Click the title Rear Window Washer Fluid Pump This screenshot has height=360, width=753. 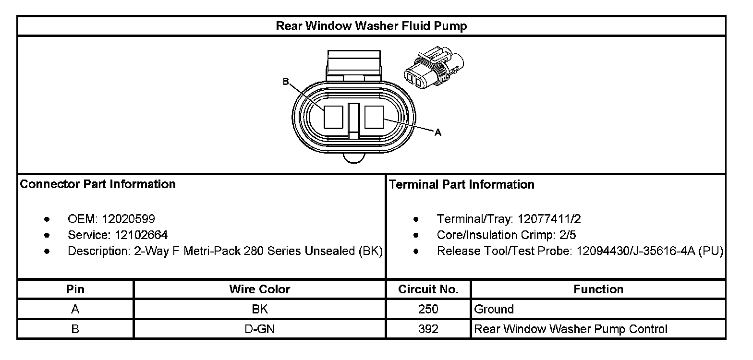(371, 26)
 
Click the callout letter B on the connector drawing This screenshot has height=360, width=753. (285, 82)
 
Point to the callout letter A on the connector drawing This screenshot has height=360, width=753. (437, 133)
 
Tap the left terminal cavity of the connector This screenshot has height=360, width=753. (333, 117)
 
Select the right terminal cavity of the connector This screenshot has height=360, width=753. (374, 117)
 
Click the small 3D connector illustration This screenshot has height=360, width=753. (433, 69)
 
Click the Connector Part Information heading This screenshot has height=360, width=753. (97, 184)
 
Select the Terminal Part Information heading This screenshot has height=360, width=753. (462, 184)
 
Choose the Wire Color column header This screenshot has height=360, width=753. (259, 289)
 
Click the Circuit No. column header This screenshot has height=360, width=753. (428, 289)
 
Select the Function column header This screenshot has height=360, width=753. (598, 289)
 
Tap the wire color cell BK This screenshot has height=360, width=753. (259, 309)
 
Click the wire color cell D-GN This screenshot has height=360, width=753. (259, 329)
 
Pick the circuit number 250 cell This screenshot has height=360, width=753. (428, 309)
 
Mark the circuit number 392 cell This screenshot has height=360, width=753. (428, 329)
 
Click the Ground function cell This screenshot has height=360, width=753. (494, 309)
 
